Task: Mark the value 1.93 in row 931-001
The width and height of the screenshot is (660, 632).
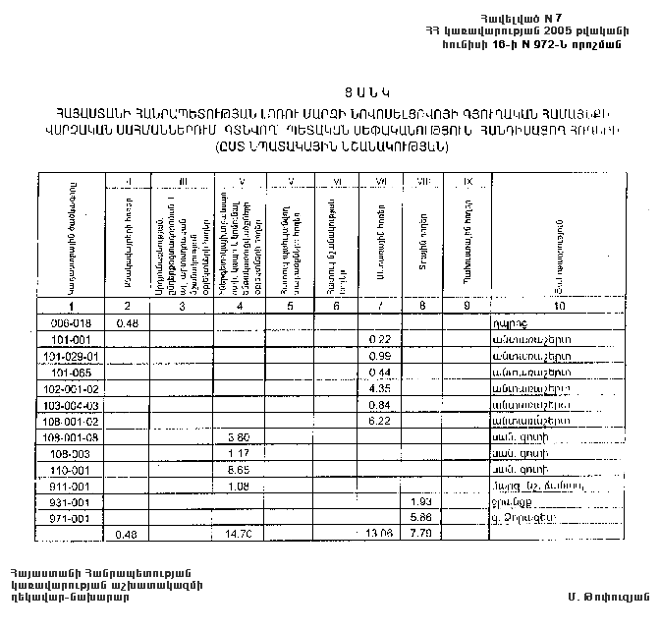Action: [x=422, y=502]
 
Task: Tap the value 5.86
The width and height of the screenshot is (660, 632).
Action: [x=422, y=518]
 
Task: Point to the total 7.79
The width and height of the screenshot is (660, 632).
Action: [x=422, y=536]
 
